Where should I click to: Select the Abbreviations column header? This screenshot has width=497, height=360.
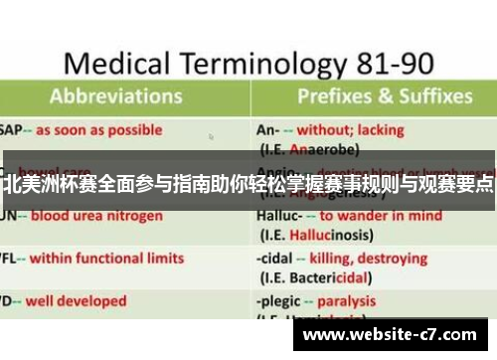[x=118, y=97]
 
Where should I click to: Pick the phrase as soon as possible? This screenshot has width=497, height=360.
[x=100, y=129]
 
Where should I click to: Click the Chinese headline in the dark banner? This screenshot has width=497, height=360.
[x=248, y=182]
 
